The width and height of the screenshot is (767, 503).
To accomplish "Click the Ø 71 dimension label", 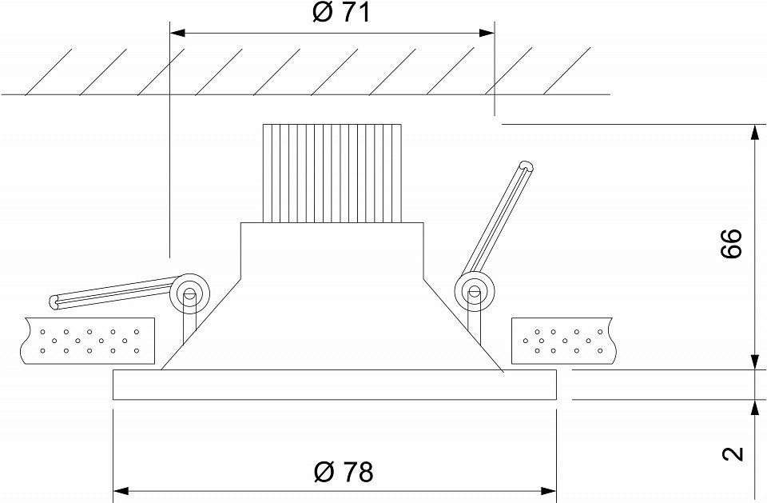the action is tap(341, 13).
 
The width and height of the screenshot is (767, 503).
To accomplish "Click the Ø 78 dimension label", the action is tap(343, 472).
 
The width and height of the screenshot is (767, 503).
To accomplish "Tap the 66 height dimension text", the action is tap(732, 243).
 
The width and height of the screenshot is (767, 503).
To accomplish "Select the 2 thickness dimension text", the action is tap(733, 453).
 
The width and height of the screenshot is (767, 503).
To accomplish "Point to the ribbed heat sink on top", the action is tap(332, 174).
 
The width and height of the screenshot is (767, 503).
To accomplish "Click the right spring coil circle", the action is tap(474, 291).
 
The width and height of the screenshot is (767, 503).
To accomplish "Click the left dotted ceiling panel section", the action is tap(89, 341).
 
